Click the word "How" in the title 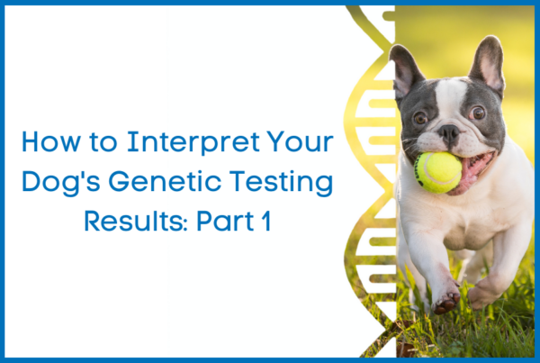pyautogui.click(x=51, y=141)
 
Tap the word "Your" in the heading pyautogui.click(x=300, y=141)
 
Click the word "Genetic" pyautogui.click(x=165, y=181)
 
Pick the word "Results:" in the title pyautogui.click(x=136, y=221)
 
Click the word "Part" pyautogui.click(x=225, y=221)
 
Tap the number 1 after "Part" pyautogui.click(x=265, y=221)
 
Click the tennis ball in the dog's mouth pyautogui.click(x=438, y=172)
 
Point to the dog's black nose pyautogui.click(x=448, y=132)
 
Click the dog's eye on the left pyautogui.click(x=420, y=118)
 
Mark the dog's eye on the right pyautogui.click(x=478, y=113)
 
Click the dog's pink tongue pyautogui.click(x=472, y=172)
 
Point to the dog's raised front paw pyautogui.click(x=446, y=301)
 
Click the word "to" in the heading pyautogui.click(x=103, y=142)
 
